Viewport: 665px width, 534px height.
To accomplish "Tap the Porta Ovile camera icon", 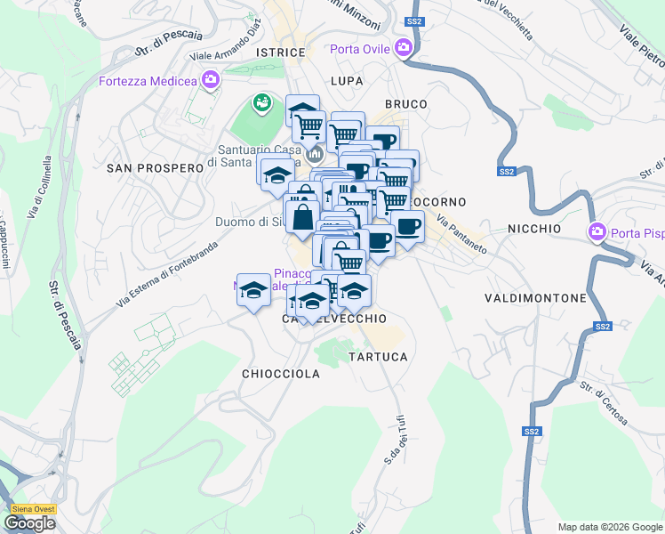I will coord(405,48).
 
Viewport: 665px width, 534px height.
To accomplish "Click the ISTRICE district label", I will coord(280,53).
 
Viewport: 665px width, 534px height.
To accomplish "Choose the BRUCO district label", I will coord(405,104).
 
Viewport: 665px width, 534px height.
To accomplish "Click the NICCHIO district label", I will coord(534,229).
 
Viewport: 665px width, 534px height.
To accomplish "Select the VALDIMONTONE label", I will coord(535,297).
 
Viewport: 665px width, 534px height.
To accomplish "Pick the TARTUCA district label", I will coord(378,357).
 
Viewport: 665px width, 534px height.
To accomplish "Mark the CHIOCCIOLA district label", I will coord(281,375).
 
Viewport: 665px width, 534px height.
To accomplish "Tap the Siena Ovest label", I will coord(33,509).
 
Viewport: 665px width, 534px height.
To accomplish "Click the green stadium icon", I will coord(261,104).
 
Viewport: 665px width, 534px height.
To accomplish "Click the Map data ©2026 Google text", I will coord(609,527).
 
